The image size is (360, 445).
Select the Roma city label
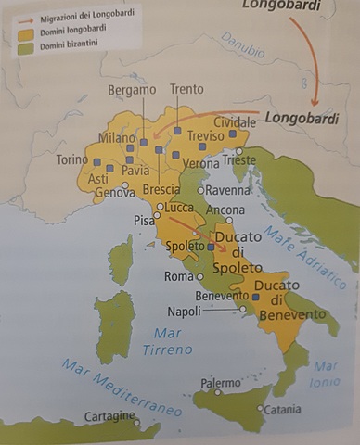(178, 276)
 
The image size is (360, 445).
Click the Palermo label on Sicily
(221, 382)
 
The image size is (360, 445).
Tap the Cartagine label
(109, 417)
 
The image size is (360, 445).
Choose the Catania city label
(282, 409)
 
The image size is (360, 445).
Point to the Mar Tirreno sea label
(168, 341)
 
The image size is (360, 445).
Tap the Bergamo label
(132, 90)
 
